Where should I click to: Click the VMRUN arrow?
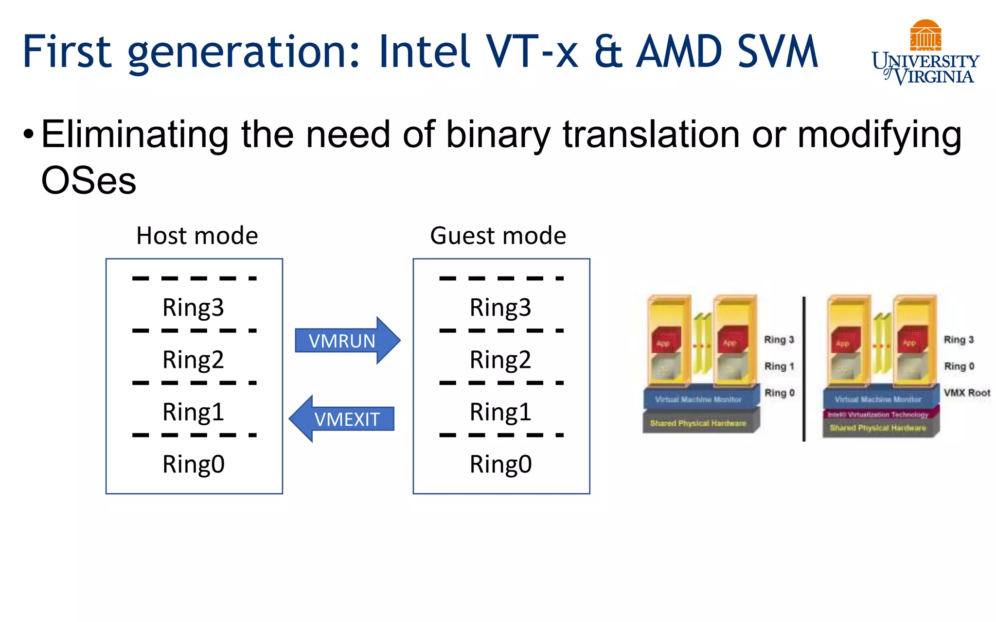point(346,341)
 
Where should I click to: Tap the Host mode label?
point(197,236)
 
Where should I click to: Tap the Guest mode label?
point(498,236)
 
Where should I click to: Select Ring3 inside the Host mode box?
point(193,308)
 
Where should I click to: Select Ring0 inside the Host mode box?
point(193,464)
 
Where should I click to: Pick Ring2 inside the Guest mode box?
point(500,360)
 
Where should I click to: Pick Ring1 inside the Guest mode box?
point(500,412)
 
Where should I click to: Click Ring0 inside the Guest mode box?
point(500,464)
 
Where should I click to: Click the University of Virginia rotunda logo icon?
point(925,35)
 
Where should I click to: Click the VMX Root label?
point(967,393)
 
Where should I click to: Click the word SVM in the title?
point(777,52)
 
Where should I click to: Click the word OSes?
point(89,180)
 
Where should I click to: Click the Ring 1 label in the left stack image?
point(779,366)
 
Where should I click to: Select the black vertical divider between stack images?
point(804,369)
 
